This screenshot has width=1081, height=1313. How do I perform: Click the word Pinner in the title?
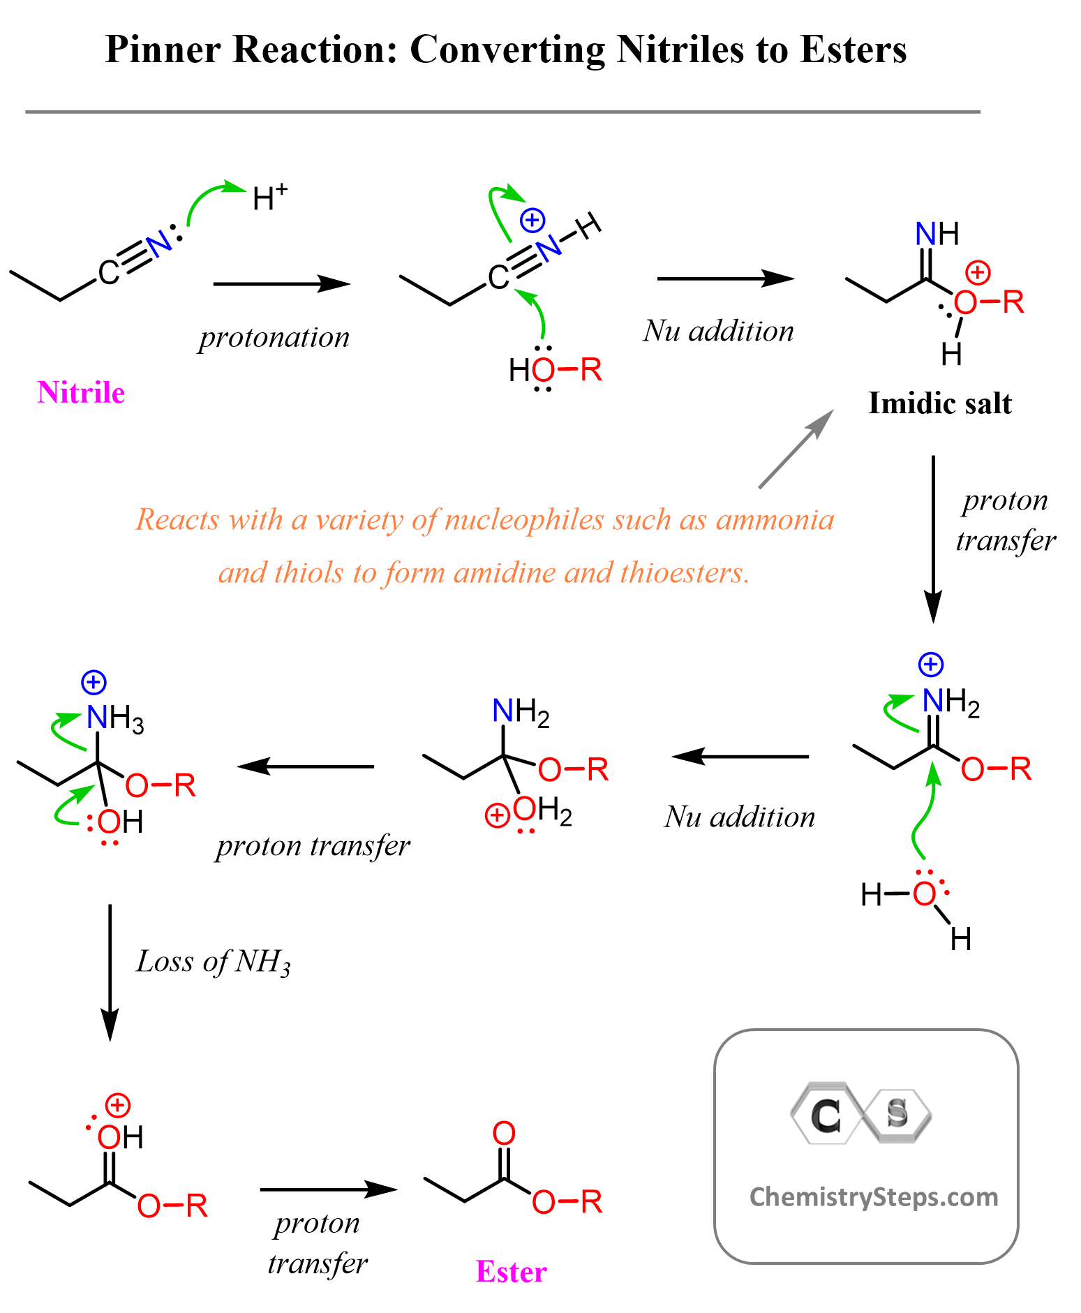pyautogui.click(x=163, y=50)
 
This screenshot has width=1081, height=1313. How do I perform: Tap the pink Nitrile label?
pyautogui.click(x=81, y=393)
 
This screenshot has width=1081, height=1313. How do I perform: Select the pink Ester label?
pyautogui.click(x=511, y=1272)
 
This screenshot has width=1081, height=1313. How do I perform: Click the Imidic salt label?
pyautogui.click(x=939, y=403)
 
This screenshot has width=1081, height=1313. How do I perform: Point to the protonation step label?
pyautogui.click(x=274, y=338)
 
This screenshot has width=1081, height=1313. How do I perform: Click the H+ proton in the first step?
pyautogui.click(x=269, y=198)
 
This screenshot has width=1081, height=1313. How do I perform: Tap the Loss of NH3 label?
pyautogui.click(x=213, y=962)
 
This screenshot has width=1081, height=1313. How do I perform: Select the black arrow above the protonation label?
pyautogui.click(x=281, y=284)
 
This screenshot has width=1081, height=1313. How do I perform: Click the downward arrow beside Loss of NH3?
pyautogui.click(x=110, y=971)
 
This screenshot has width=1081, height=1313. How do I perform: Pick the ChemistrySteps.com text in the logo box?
pyautogui.click(x=873, y=1197)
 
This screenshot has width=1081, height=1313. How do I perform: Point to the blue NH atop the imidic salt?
pyautogui.click(x=937, y=234)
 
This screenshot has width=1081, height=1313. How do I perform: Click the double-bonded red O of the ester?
pyautogui.click(x=504, y=1134)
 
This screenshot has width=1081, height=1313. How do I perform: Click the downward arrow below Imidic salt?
pyautogui.click(x=933, y=537)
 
